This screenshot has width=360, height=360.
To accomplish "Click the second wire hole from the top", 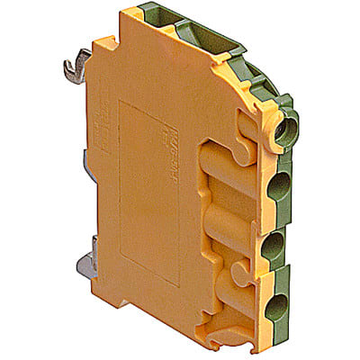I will [x=280, y=186].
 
